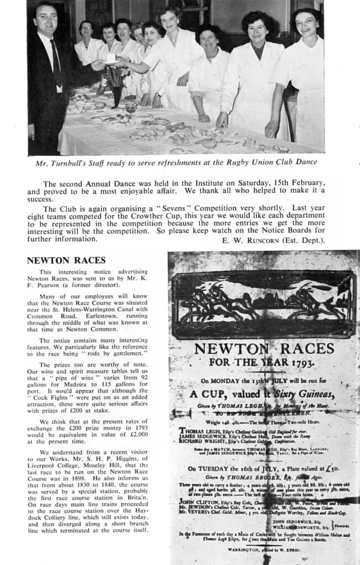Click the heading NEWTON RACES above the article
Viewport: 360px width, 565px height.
point(66,260)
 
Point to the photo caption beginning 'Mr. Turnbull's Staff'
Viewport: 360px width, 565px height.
point(176,162)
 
